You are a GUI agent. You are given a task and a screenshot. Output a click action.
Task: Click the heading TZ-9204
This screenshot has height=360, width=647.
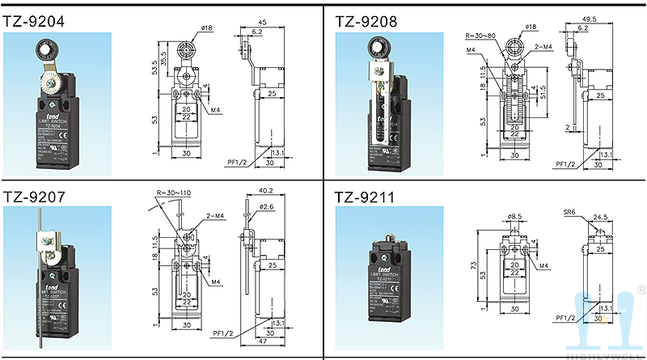coord(34,18)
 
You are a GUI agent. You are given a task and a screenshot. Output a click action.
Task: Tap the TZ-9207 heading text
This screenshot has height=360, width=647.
coord(34,196)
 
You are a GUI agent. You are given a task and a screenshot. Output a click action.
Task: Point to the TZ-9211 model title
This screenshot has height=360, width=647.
coord(365,196)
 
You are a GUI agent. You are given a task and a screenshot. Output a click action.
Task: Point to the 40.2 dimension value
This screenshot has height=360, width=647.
coord(264,191)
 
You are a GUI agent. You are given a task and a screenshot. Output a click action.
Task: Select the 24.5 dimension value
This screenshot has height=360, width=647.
coord(601,217)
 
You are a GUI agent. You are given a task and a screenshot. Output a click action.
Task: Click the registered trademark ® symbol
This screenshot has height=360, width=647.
coord(641,289)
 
